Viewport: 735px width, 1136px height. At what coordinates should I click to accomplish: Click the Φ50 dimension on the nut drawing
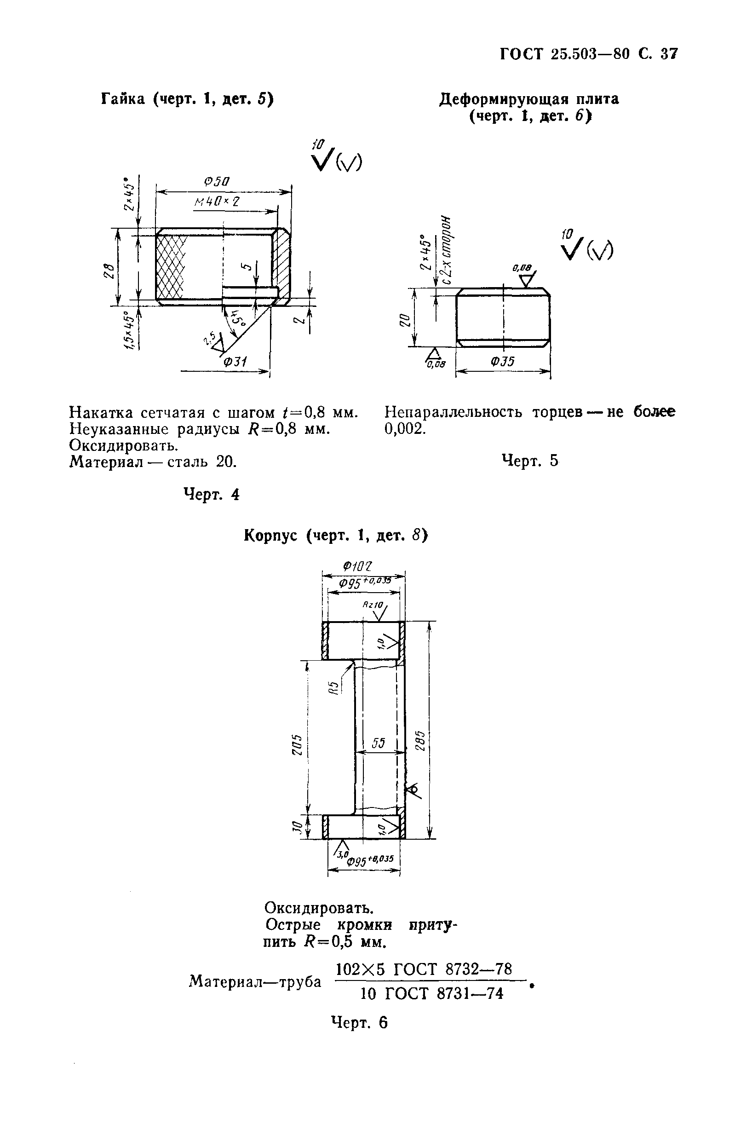[217, 182]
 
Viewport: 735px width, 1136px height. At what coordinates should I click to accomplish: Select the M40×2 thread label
[216, 202]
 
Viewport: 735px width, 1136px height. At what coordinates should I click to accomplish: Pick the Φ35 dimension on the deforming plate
[503, 361]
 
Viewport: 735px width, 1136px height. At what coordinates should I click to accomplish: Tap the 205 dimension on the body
[296, 744]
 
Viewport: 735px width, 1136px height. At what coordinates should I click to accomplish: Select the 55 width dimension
[378, 743]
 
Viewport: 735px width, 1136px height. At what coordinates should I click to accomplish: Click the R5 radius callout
[334, 687]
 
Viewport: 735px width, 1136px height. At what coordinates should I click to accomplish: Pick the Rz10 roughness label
[372, 604]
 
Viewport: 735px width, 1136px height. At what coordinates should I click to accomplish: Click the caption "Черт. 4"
[212, 495]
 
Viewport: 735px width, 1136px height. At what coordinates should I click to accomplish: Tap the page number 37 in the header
[669, 54]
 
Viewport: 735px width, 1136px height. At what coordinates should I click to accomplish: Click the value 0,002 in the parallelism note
[405, 429]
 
